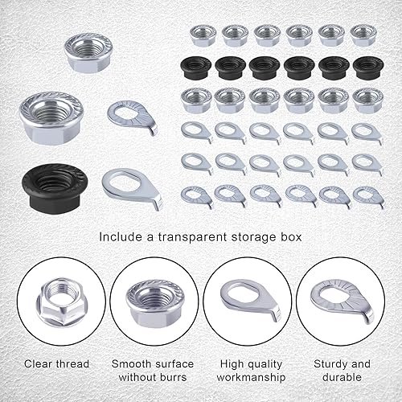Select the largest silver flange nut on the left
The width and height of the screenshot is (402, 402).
pyautogui.click(x=51, y=118)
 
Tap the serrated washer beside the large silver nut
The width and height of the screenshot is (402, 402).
pyautogui.click(x=133, y=117)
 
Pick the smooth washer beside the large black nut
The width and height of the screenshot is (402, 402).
pyautogui.click(x=132, y=189)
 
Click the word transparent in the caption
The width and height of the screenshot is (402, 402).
pyautogui.click(x=192, y=237)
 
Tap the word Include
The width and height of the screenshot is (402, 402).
pyautogui.click(x=121, y=237)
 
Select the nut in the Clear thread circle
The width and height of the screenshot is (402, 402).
pyautogui.click(x=61, y=301)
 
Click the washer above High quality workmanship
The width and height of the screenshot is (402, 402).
pyautogui.click(x=250, y=299)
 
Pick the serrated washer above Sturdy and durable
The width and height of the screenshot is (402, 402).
pyautogui.click(x=343, y=300)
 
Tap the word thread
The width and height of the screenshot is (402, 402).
pyautogui.click(x=72, y=364)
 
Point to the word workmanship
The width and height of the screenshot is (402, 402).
pyautogui.click(x=251, y=378)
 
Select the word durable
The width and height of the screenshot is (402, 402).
pyautogui.click(x=342, y=377)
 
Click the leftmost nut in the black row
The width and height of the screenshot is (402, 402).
pyautogui.click(x=196, y=68)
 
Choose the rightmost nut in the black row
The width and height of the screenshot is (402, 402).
pyautogui.click(x=368, y=68)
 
